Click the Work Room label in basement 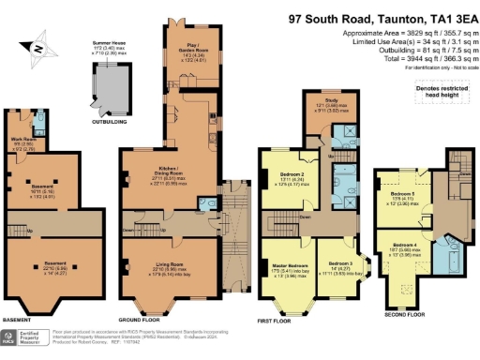[x=20, y=142]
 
